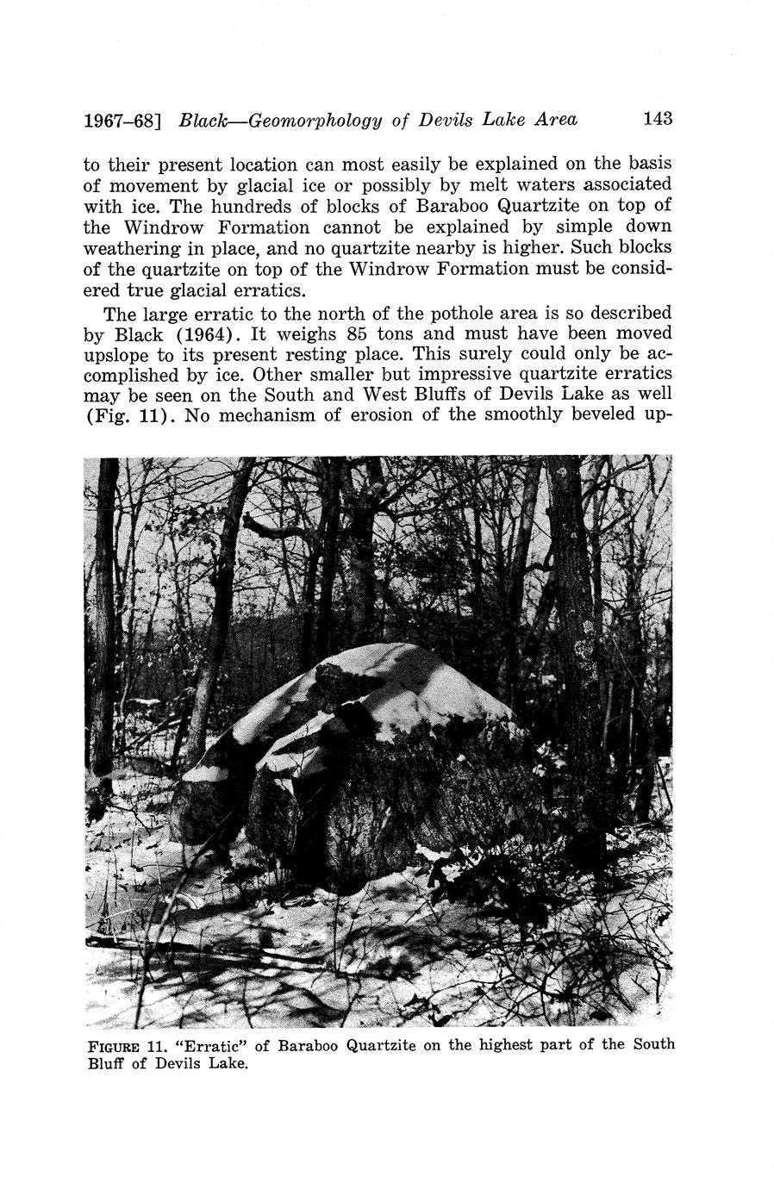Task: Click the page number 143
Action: pyautogui.click(x=657, y=119)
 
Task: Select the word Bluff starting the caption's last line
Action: pyautogui.click(x=106, y=1063)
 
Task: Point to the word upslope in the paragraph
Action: pyautogui.click(x=116, y=354)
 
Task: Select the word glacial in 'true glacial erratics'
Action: pyautogui.click(x=196, y=289)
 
